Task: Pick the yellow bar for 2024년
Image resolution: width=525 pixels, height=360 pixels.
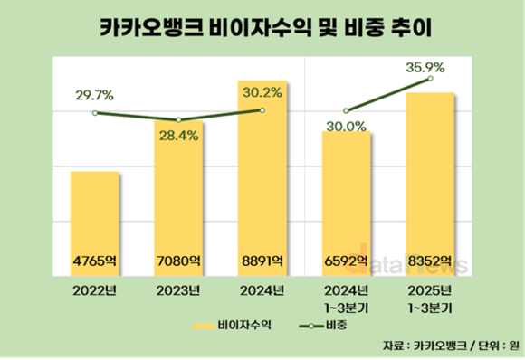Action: [262, 172]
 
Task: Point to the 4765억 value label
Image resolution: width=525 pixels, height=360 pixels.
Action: [95, 261]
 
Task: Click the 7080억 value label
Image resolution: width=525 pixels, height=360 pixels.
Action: [178, 261]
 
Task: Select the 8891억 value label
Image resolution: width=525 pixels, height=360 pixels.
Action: [262, 261]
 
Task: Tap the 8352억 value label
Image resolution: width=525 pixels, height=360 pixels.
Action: [428, 261]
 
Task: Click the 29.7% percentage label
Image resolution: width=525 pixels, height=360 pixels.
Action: [94, 95]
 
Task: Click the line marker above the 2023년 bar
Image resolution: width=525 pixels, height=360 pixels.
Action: [178, 120]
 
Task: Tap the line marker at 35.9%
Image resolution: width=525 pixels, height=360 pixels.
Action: [428, 80]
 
